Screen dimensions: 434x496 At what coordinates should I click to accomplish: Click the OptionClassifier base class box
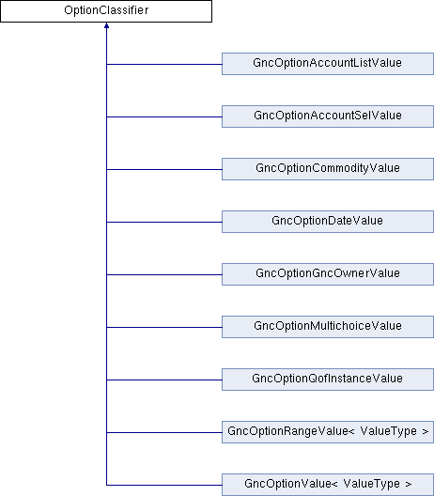pos(106,11)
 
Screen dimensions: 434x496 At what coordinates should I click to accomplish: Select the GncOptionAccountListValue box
pos(328,64)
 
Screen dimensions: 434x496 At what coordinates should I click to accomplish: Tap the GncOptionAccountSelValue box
pos(328,116)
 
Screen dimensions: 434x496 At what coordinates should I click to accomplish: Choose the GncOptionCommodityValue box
pos(328,169)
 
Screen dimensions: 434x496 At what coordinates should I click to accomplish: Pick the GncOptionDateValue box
pos(328,222)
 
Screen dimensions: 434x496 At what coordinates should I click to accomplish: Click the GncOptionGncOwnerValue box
pos(328,274)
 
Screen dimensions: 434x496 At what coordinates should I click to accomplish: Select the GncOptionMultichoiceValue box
pos(328,327)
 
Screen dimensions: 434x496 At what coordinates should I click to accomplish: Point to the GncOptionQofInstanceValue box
pos(328,380)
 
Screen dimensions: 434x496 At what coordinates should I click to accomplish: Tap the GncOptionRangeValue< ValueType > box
pos(328,432)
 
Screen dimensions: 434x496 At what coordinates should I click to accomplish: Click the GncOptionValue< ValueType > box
pos(328,485)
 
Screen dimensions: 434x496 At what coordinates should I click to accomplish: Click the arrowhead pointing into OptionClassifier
pos(106,25)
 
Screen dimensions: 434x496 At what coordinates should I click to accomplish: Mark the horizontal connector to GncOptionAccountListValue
pos(164,64)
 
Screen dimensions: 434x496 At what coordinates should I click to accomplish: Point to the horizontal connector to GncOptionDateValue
pos(164,222)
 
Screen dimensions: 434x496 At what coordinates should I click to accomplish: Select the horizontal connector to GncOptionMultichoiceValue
pos(164,327)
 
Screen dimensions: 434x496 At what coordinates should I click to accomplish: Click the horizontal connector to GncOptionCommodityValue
pos(164,169)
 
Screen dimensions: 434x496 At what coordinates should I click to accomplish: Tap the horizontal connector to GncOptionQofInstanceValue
pos(164,380)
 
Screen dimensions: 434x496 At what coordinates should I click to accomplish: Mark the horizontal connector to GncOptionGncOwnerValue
pos(164,274)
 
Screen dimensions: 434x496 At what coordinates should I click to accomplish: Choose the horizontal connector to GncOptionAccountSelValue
pos(164,116)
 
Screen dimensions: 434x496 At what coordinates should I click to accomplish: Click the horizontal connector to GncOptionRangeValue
pos(164,432)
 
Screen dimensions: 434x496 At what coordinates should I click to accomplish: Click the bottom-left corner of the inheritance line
pos(106,485)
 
